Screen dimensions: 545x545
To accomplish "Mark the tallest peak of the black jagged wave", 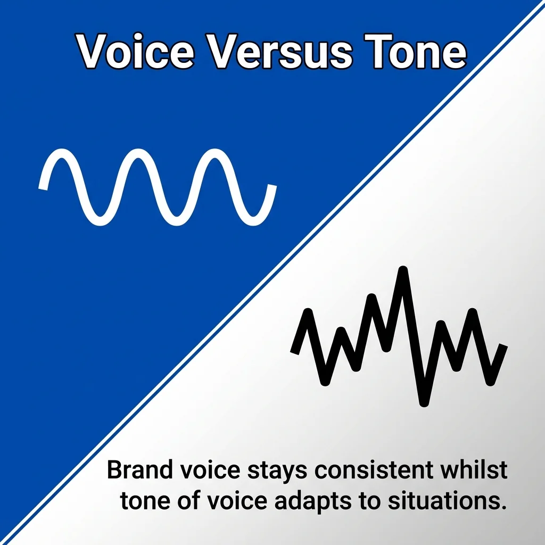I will pyautogui.click(x=403, y=271).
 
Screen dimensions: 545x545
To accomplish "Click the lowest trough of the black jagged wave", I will pyautogui.click(x=424, y=402).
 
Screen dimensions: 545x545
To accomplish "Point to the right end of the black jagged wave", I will pyautogui.click(x=503, y=346).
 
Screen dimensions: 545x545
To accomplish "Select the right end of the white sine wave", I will pyautogui.click(x=272, y=186).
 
